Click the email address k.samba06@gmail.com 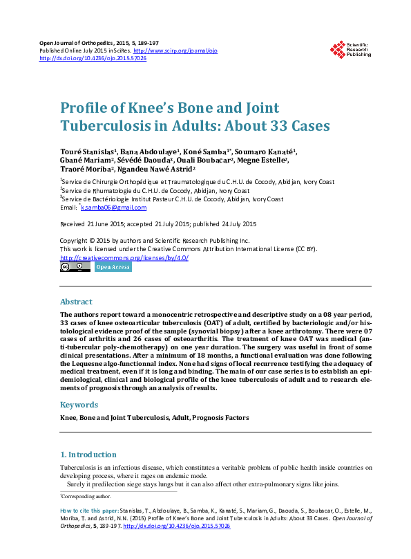(114, 208)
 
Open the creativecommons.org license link (124, 257)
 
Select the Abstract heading (76, 302)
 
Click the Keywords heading (79, 405)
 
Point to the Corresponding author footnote (86, 497)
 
